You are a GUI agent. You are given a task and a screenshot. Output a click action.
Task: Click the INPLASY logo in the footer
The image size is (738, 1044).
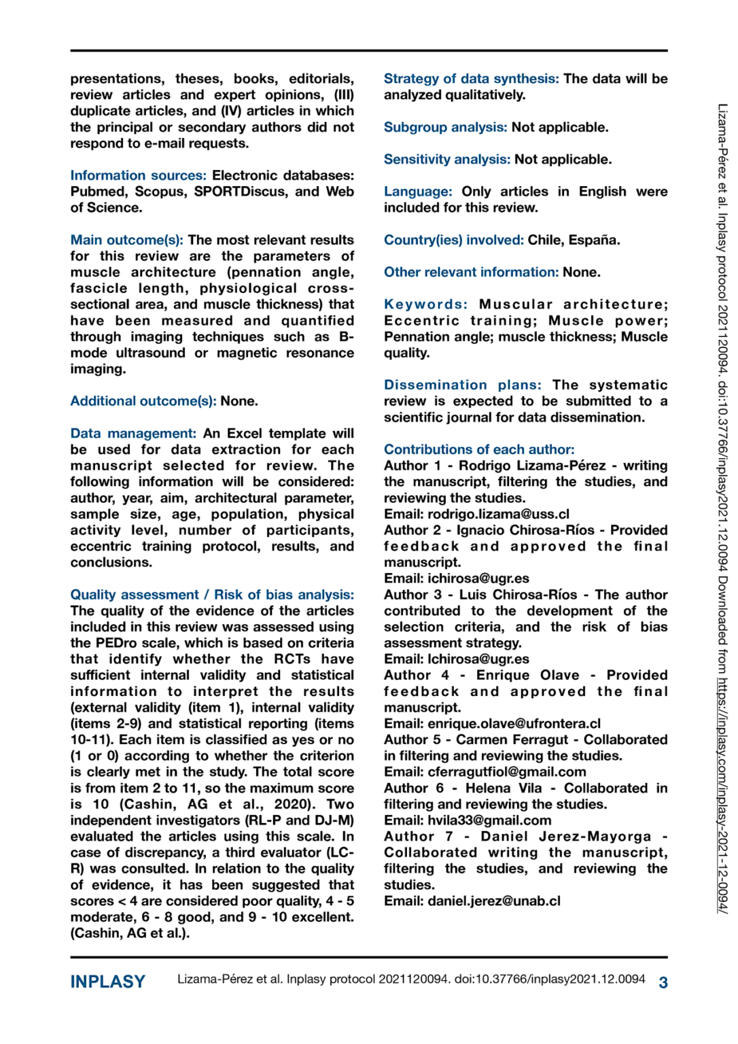click(108, 981)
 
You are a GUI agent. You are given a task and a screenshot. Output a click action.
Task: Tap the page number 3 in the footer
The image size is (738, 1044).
click(663, 982)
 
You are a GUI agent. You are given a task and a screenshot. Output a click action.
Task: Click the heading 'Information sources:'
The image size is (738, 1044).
click(138, 175)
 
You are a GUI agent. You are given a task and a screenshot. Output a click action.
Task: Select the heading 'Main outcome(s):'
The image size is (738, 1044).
click(126, 240)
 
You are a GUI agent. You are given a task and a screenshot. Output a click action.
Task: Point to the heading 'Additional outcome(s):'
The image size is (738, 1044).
click(143, 401)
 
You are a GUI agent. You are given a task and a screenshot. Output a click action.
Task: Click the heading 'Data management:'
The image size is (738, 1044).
click(133, 434)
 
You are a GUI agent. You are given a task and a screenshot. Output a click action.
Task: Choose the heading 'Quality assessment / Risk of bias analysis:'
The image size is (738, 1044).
click(212, 595)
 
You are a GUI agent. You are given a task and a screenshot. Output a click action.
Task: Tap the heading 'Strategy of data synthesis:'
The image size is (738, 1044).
click(471, 79)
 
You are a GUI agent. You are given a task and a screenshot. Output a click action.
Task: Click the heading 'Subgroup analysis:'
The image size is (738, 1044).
click(445, 127)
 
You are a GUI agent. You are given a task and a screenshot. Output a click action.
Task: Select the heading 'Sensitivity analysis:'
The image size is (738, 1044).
click(446, 160)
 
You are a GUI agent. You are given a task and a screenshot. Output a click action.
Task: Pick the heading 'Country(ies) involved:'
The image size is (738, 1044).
click(453, 240)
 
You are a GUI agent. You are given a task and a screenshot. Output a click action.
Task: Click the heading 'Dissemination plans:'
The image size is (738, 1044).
click(462, 385)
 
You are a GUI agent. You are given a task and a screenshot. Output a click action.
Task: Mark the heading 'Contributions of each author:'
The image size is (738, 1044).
click(479, 449)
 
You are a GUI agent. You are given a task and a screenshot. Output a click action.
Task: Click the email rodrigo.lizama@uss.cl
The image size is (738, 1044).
click(498, 515)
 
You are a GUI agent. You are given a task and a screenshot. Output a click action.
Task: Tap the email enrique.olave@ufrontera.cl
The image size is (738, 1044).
click(514, 724)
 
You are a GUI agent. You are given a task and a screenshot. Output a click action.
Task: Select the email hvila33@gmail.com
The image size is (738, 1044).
click(489, 820)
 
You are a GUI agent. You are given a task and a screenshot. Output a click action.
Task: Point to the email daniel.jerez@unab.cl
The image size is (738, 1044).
click(494, 901)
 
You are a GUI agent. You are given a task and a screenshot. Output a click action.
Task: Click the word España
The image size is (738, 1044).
click(594, 240)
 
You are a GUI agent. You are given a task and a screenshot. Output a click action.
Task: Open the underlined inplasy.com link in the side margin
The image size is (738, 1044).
click(723, 795)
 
